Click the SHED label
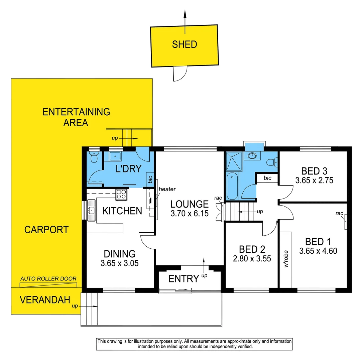184,44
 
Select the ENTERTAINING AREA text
76,117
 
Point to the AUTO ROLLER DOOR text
48,278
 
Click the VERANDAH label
44,300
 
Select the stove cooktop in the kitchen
122,195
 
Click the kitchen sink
91,211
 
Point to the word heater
167,189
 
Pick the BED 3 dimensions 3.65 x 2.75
314,181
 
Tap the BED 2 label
252,249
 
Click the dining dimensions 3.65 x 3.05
119,263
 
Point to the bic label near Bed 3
267,178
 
